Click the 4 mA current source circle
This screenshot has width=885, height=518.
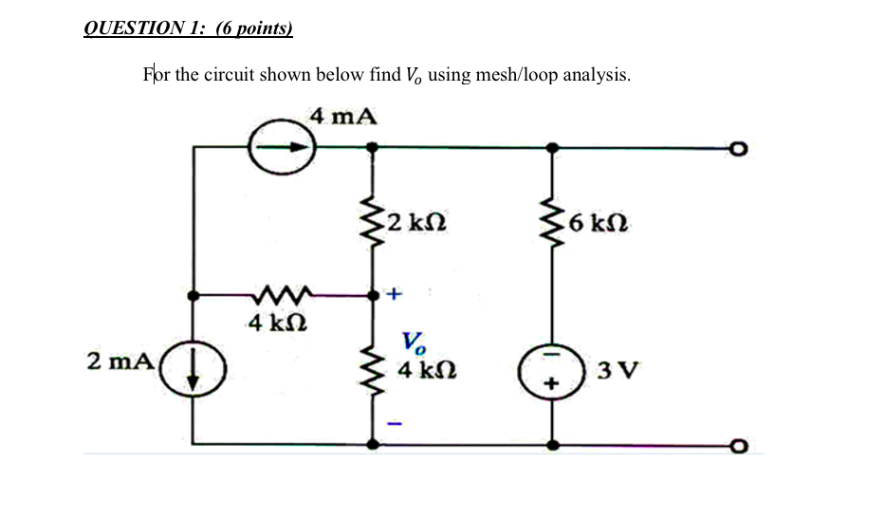[282, 148]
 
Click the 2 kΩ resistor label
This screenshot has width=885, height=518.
[417, 225]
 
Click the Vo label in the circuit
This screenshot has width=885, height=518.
[413, 342]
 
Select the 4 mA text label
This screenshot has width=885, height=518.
[342, 117]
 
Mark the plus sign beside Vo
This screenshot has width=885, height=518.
[395, 296]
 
